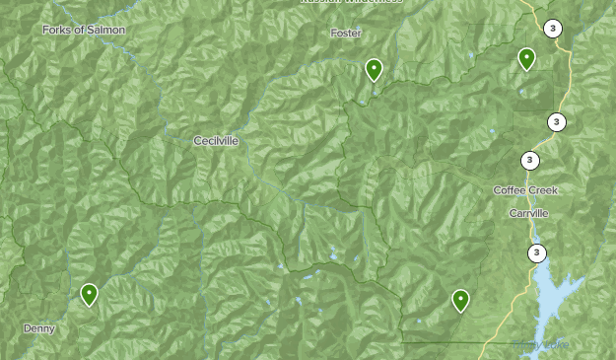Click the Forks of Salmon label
point(84,30)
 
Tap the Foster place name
point(346,33)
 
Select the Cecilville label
point(216,141)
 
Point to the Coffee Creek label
point(525,190)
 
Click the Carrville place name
point(528,213)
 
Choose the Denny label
point(39,328)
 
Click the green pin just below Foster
point(374,70)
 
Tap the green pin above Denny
point(90,294)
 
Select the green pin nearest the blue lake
point(460,300)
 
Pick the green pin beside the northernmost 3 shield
point(527,59)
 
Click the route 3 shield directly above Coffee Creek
point(530,161)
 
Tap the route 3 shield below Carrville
point(536,253)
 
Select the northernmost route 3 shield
point(553,29)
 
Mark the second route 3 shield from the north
point(557,122)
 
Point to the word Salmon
point(108,30)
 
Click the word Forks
point(57,30)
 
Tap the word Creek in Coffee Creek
point(543,190)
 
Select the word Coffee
point(510,190)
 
